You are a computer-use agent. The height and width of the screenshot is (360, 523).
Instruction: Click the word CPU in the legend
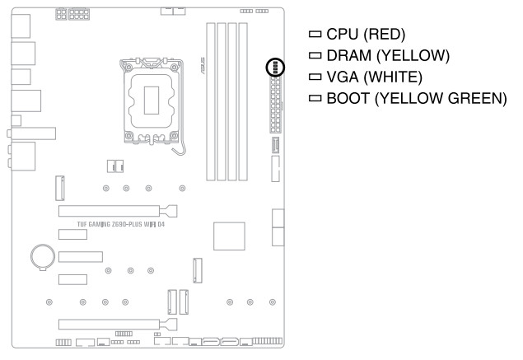(x=338, y=35)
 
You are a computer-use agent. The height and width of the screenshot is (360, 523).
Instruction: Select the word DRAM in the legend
(x=343, y=56)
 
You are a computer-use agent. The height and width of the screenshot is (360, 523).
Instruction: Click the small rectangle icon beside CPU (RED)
(x=312, y=35)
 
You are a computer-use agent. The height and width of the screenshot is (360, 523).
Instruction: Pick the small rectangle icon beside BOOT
(x=312, y=99)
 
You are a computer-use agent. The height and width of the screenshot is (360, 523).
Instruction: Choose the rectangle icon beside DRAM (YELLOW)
(x=312, y=56)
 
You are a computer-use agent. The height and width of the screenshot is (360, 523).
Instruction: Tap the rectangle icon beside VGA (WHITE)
(x=312, y=77)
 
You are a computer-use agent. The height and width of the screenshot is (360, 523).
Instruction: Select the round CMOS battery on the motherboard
(x=41, y=256)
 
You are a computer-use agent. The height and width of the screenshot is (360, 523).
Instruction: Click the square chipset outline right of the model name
(x=230, y=236)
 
